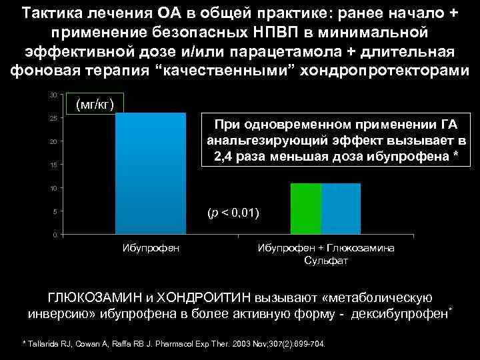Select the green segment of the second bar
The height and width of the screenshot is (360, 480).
point(306,209)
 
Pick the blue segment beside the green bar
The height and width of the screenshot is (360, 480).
point(341,209)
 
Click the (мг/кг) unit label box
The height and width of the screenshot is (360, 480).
point(95,105)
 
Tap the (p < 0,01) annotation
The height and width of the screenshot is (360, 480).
point(233,213)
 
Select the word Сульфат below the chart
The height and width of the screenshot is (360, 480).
point(325,261)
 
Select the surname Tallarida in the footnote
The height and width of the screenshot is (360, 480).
point(45,344)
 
